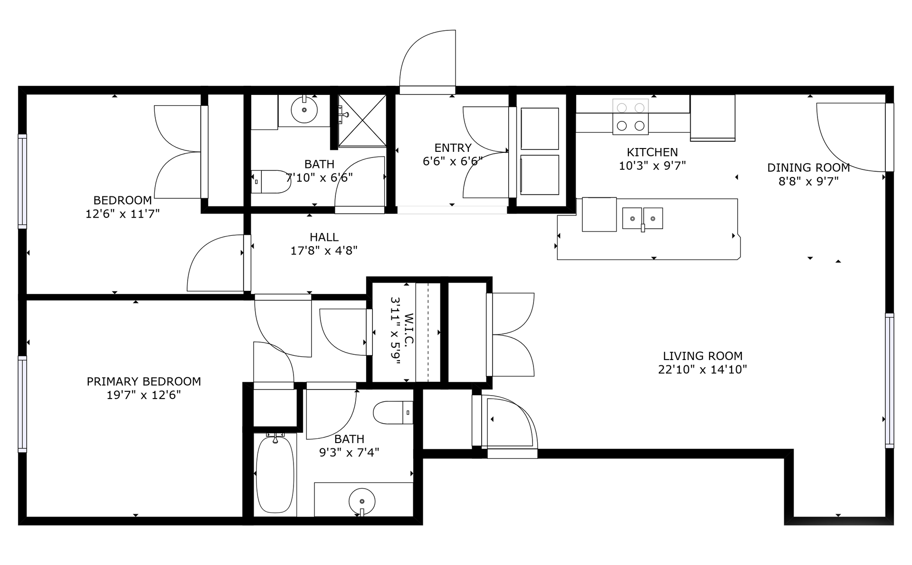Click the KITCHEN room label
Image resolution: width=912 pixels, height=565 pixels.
(652, 152)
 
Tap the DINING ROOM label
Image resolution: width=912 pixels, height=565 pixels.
(808, 167)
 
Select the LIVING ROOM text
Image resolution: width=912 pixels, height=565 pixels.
(703, 356)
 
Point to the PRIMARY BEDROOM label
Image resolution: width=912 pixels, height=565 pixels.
(143, 381)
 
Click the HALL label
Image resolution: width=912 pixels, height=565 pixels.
(324, 237)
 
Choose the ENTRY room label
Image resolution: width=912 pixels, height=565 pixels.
(453, 148)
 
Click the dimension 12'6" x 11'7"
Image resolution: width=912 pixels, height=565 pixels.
(123, 214)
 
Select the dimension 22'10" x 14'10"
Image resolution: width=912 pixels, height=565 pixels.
(703, 370)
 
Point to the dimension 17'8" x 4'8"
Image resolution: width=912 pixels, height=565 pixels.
(324, 250)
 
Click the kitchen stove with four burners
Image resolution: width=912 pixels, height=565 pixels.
(630, 117)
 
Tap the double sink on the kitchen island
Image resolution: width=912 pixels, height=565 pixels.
(643, 219)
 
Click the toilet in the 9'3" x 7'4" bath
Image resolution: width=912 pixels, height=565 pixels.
(393, 413)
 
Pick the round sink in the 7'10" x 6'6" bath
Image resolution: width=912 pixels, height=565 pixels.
(304, 110)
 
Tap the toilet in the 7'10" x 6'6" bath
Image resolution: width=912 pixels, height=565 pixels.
(271, 182)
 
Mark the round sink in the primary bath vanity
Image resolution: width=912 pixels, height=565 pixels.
(362, 501)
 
